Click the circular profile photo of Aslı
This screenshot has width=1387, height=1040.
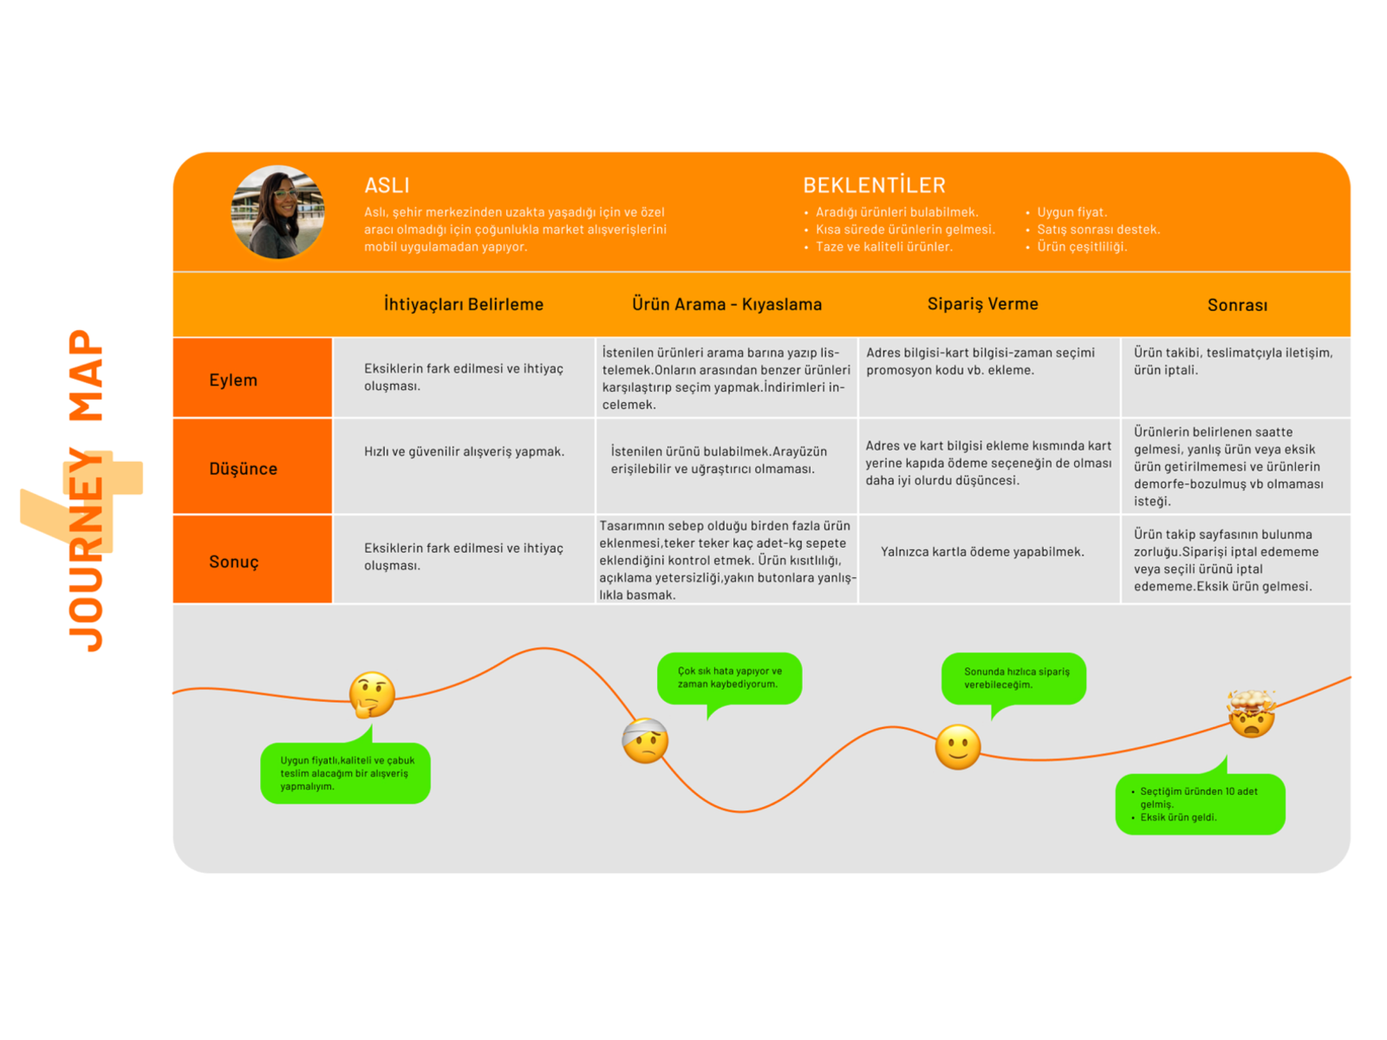coord(277,212)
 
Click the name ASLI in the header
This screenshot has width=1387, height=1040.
coord(387,185)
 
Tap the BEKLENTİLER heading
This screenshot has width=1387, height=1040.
coord(874,185)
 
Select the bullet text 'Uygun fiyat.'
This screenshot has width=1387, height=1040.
coord(1071,212)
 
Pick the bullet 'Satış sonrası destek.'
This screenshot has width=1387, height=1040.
coord(1097,230)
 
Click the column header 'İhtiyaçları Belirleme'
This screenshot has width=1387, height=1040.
coord(463,304)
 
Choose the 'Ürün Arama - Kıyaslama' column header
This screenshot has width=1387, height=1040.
coord(726,304)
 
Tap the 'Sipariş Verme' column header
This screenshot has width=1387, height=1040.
coord(982,304)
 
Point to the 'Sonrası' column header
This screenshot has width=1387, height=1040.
coord(1237,305)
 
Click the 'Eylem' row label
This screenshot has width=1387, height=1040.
coord(233,380)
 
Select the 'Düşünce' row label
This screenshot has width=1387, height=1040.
coord(243,469)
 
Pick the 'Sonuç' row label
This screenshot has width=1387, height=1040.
coord(234,562)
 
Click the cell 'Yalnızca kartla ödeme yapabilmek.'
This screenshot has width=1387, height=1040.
coord(982,552)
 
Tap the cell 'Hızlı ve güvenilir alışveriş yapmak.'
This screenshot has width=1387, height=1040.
coord(464,452)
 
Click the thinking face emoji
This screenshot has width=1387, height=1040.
coord(372,695)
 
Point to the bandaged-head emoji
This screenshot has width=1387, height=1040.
coord(645,741)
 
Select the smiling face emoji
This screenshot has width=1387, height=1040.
coord(957,747)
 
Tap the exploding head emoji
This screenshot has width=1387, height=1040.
coord(1251,713)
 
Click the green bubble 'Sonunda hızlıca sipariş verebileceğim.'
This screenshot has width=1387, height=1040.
coord(1014,678)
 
